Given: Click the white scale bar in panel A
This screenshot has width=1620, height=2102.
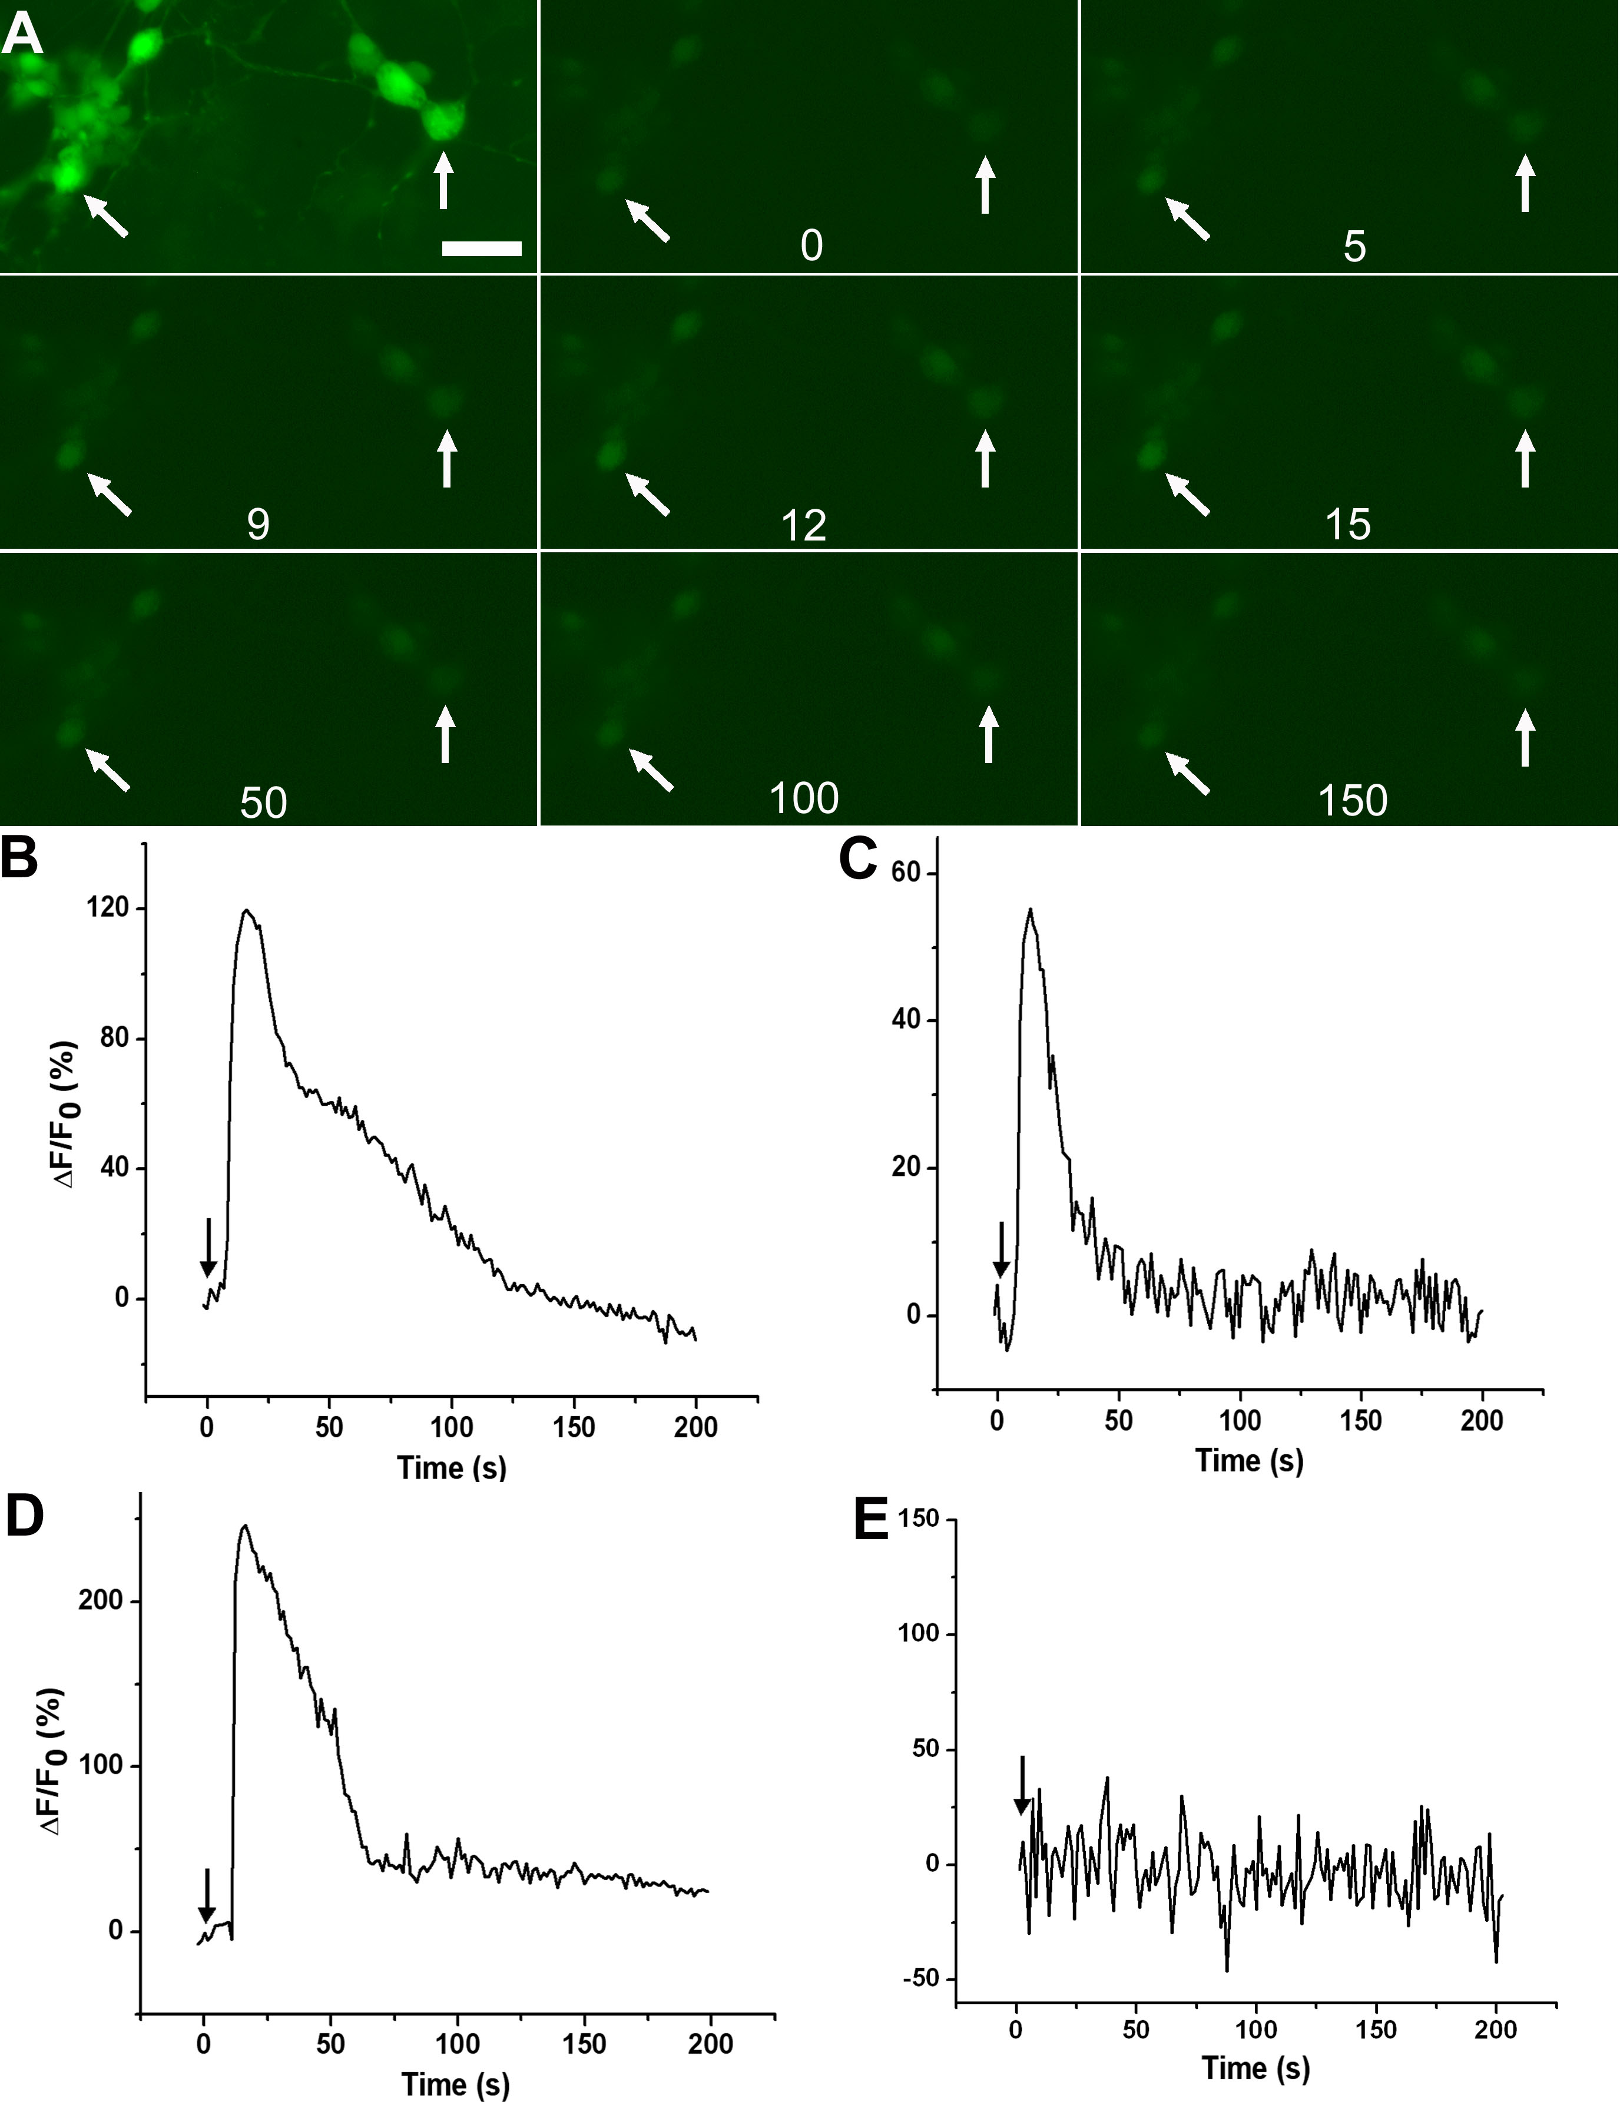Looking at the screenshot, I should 481,248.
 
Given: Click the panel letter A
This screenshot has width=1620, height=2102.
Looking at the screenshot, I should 22,37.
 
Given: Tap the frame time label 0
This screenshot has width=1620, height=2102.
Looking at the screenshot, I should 811,246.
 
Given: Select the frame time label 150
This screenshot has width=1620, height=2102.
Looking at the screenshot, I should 1353,800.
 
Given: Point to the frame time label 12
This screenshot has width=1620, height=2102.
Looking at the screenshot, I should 804,525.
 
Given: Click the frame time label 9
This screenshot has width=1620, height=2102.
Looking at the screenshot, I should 258,525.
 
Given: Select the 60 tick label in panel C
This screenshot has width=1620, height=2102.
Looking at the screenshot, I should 905,873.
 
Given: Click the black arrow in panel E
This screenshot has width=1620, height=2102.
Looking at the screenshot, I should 1022,1785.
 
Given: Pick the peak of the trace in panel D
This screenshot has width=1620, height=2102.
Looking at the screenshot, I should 244,1526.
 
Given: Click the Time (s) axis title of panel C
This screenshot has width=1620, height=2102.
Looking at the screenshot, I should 1248,1460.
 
